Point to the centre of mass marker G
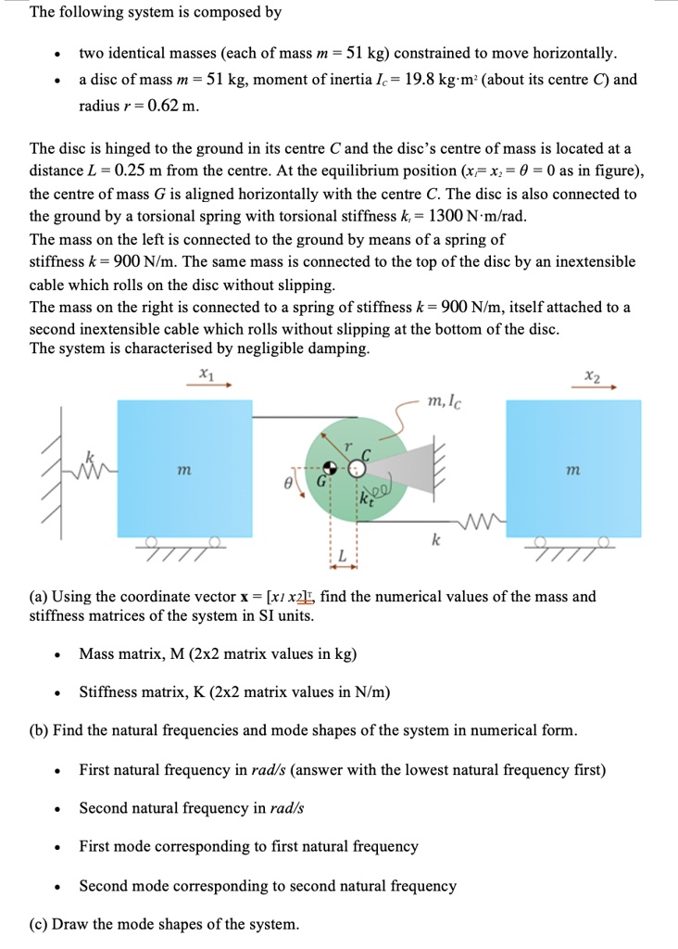pos(331,469)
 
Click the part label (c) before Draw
pos(42,924)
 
